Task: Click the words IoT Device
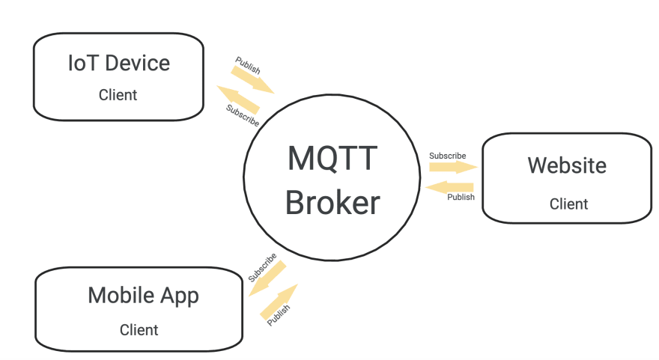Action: (x=119, y=64)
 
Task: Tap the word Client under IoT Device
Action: (x=118, y=95)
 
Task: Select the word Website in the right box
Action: (x=567, y=165)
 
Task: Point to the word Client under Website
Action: (x=568, y=204)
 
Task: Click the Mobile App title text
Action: (x=143, y=296)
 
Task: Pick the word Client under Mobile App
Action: (x=139, y=330)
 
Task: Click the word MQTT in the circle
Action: (x=332, y=159)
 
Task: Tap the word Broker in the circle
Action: (x=332, y=203)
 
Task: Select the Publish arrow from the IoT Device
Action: (x=252, y=80)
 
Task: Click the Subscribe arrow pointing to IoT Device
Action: (x=238, y=100)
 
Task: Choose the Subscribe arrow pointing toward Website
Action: (x=454, y=167)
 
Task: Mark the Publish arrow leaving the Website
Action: (x=449, y=187)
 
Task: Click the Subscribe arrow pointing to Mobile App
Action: (x=267, y=278)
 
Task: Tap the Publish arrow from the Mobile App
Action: (x=279, y=302)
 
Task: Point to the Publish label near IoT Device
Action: (x=248, y=65)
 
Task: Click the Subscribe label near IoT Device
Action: (x=243, y=115)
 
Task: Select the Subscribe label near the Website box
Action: (x=447, y=156)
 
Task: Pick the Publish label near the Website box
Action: (x=461, y=197)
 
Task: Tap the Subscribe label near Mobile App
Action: (x=262, y=268)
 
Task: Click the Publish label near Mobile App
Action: (x=279, y=315)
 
